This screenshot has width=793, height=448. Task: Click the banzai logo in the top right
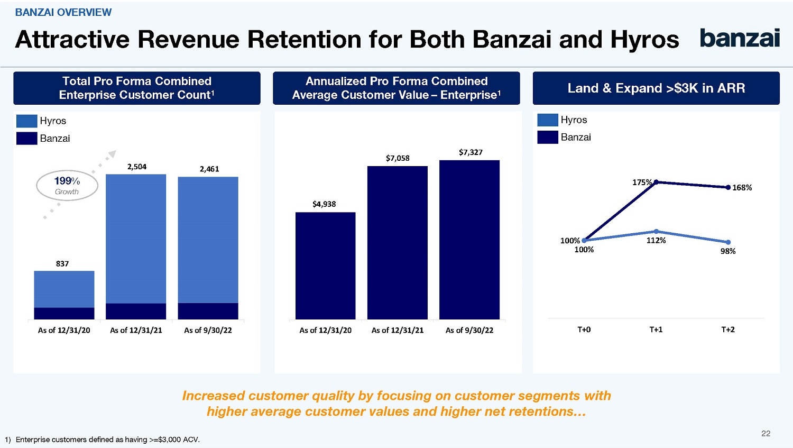pos(740,38)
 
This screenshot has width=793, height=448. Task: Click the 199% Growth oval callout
pos(67,186)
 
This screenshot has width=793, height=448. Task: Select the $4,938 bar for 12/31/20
pos(325,266)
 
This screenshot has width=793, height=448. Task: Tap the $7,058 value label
pos(398,158)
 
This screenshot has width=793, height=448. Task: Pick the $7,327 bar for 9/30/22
pos(469,240)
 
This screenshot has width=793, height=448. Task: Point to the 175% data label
pos(642,182)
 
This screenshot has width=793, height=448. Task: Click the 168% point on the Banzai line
pos(728,187)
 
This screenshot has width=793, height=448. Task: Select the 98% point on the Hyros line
pos(728,242)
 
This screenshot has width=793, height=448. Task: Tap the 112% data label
pos(656,241)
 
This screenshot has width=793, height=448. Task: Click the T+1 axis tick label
pos(656,330)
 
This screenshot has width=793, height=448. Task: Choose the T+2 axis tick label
pos(728,330)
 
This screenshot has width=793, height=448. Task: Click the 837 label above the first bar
pos(62,263)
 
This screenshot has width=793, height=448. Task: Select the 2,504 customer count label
pos(137,167)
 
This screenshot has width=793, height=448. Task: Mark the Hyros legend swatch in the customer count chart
pos(26,121)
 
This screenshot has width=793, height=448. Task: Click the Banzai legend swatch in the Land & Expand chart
pos(548,137)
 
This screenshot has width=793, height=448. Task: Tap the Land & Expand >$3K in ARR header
pos(656,88)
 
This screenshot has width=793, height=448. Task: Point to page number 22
pos(766,434)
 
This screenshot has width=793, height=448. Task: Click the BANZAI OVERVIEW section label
pos(63,12)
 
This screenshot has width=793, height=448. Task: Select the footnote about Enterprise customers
pos(103,440)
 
